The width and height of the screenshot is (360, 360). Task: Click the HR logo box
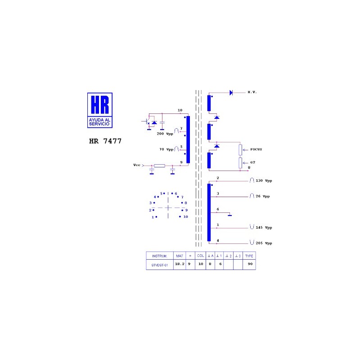[x=100, y=110]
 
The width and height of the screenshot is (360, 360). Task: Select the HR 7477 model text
[x=105, y=141]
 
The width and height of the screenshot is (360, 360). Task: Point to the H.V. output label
[x=252, y=92]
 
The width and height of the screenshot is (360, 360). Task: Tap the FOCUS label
[x=256, y=149]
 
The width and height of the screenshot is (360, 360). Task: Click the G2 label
[x=252, y=162]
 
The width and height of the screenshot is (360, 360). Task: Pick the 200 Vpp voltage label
[x=165, y=134]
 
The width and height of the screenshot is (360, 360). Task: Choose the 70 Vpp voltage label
[x=166, y=149]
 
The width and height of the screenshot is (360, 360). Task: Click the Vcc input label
[x=137, y=165]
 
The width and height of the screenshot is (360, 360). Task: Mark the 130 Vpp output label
[x=264, y=181]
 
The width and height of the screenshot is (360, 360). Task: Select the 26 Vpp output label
[x=263, y=196]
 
